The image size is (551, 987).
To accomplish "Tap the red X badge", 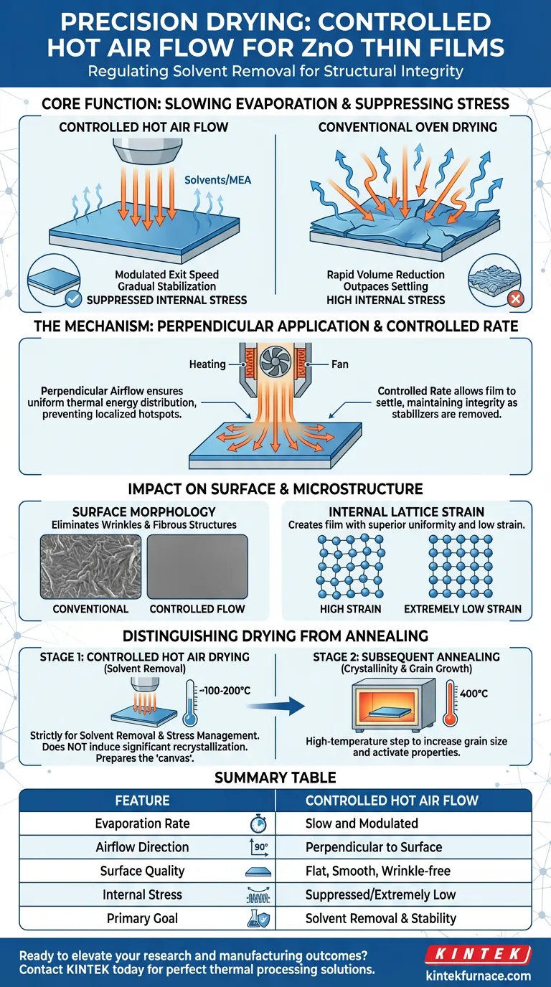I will (515, 298).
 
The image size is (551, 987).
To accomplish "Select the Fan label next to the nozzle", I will (339, 364).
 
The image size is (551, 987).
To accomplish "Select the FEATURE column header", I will (142, 801).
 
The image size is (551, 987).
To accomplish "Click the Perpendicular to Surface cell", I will (373, 847).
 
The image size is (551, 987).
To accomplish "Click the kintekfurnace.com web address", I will (488, 976).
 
